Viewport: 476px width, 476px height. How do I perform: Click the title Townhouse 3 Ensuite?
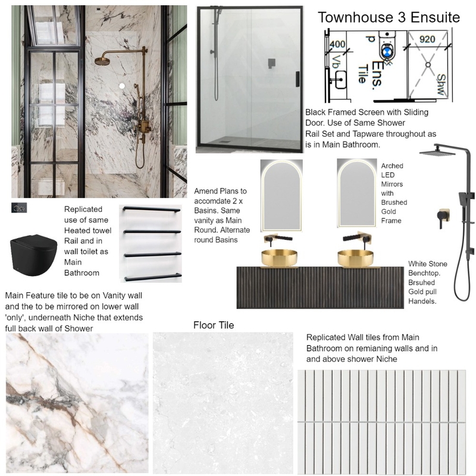[x=389, y=17]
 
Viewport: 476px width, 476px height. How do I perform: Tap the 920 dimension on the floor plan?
[x=427, y=39]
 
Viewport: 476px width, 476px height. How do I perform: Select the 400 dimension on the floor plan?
[x=338, y=43]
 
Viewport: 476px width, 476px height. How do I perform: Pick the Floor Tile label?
[x=214, y=325]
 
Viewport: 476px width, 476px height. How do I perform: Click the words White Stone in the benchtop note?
[x=428, y=264]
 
